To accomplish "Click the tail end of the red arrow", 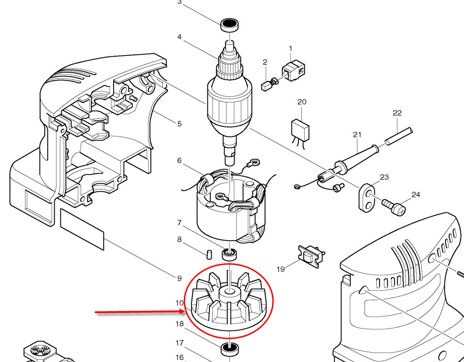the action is [x=95, y=312].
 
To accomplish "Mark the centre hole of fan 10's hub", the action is [x=229, y=292].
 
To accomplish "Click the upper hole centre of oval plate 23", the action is [x=369, y=194].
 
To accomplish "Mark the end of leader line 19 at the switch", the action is [x=301, y=260].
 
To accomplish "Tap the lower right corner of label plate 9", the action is [x=104, y=250].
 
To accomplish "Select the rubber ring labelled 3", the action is [x=230, y=25].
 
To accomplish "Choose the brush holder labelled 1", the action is [x=293, y=70].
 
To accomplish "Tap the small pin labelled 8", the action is [x=209, y=253].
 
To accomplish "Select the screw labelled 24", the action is [x=394, y=207].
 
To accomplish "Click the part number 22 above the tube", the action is [x=397, y=113].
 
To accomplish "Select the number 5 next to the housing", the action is [x=180, y=123].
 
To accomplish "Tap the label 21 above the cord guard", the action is [x=357, y=135].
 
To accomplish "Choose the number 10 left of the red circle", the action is [x=180, y=303].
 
